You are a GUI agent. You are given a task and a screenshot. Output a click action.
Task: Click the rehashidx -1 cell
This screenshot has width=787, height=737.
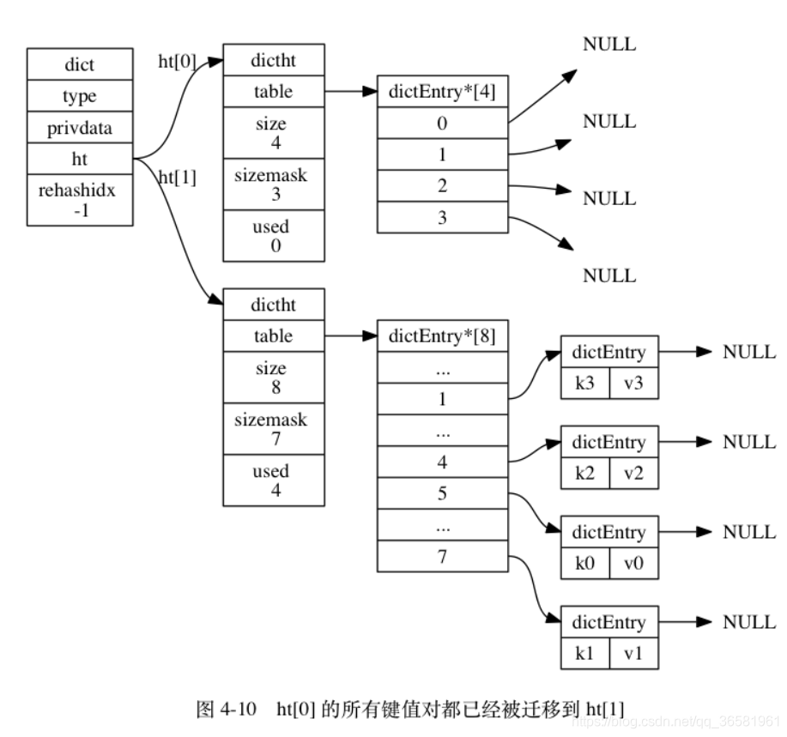pos(80,199)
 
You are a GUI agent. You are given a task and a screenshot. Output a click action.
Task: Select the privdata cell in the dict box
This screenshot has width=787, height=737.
pos(80,129)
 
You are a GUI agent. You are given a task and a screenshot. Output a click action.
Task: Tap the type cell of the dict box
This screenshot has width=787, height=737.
pos(80,96)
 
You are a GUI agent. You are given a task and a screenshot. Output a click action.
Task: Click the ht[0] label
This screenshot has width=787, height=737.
pos(177,62)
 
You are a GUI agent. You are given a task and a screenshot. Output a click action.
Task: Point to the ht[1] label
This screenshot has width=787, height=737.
pos(178,178)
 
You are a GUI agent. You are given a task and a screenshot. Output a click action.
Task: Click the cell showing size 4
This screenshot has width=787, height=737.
pos(274,132)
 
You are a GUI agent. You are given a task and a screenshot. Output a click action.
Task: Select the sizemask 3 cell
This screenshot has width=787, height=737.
pos(274,184)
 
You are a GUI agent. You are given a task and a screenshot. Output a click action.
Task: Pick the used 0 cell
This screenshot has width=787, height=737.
pos(274,235)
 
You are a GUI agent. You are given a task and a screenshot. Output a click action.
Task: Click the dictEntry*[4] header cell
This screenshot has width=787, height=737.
pos(442,92)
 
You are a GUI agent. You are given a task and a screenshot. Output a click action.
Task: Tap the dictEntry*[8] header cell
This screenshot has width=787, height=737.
pos(442,336)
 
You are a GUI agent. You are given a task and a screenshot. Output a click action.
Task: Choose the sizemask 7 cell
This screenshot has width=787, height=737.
pos(274,428)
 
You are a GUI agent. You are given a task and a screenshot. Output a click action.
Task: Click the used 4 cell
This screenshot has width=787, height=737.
pos(274,480)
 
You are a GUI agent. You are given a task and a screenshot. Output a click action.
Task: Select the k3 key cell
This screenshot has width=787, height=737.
pos(584,383)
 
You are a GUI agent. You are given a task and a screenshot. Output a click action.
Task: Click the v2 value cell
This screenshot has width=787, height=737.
pos(634,473)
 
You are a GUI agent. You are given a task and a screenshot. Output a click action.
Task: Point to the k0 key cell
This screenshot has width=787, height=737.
pos(584,563)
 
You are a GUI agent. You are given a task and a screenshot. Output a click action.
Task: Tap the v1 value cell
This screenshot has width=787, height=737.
pos(634,653)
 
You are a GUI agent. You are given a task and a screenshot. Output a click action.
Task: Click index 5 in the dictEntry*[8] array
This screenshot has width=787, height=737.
pos(442,494)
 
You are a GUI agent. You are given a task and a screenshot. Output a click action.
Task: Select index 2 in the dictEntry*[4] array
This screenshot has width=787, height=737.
pos(442,185)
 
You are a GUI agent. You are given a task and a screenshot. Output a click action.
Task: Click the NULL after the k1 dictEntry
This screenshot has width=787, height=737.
pos(749,622)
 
